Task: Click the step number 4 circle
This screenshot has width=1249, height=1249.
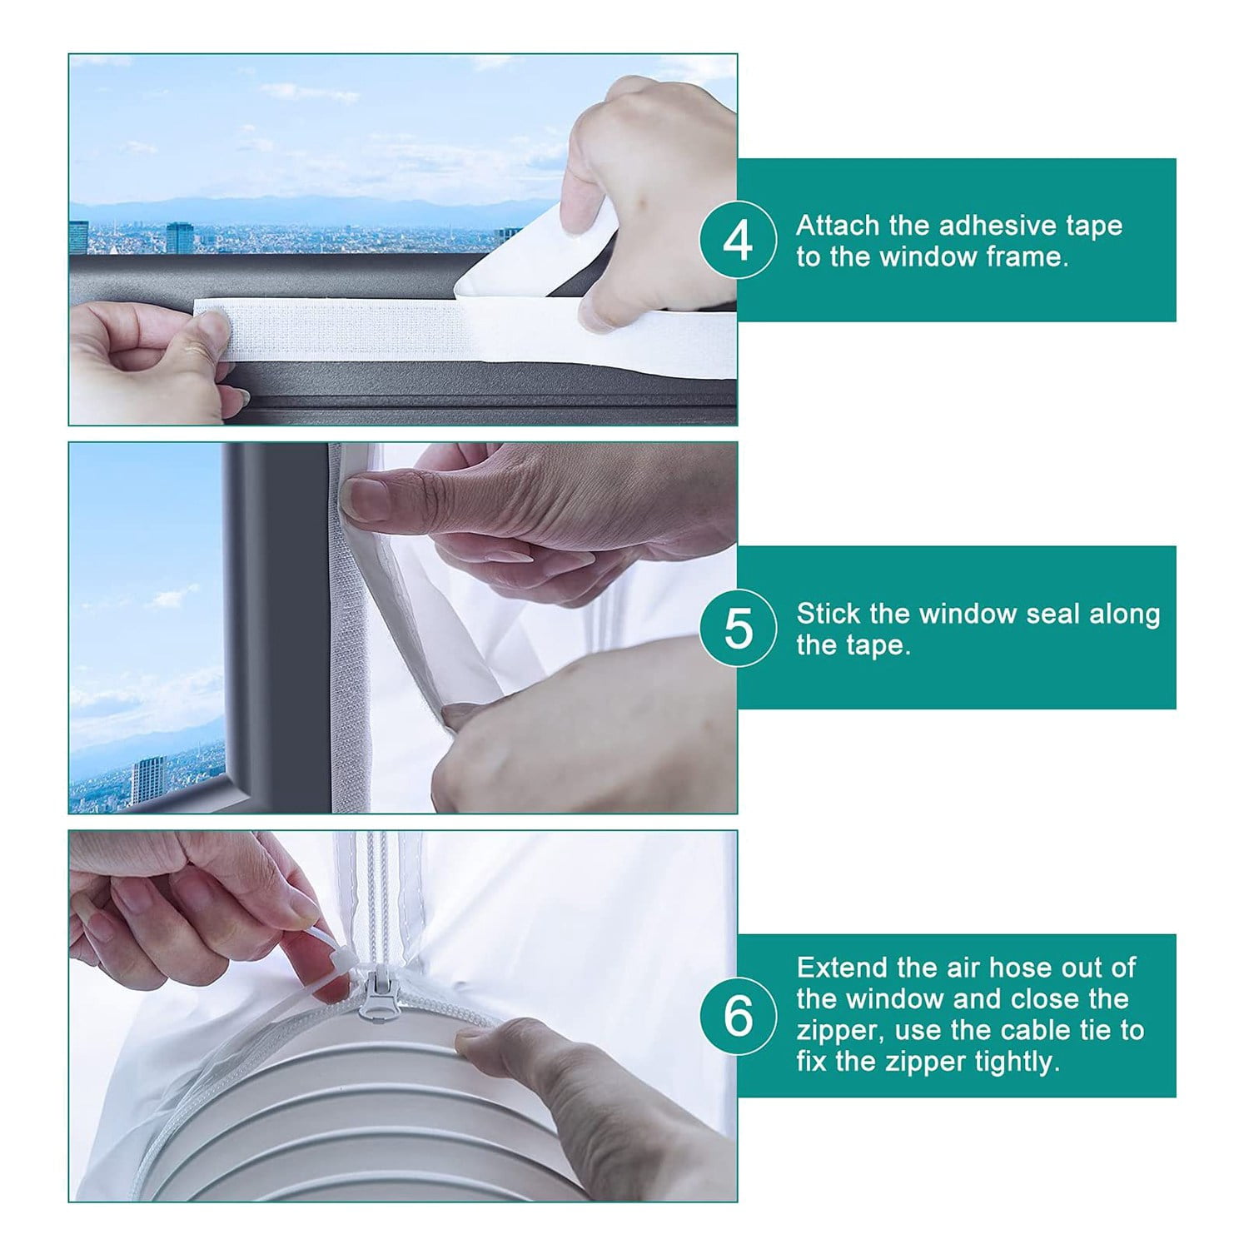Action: tap(738, 241)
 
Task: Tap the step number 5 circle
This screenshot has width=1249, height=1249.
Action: tap(738, 628)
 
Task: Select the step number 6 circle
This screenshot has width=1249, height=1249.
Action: tap(738, 1016)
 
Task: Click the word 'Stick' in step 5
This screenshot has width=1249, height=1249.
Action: tap(829, 614)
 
